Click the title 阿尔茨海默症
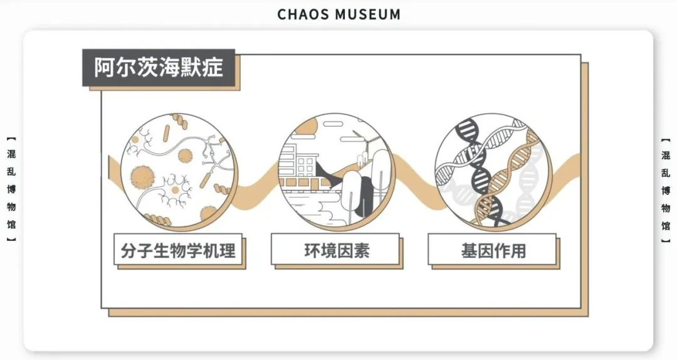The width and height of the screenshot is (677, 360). tap(159, 68)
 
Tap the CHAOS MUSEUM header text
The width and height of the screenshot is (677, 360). tap(338, 14)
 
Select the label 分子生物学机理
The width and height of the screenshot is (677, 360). tap(178, 251)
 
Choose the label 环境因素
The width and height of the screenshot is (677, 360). tap(335, 251)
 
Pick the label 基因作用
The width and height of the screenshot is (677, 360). tap(493, 251)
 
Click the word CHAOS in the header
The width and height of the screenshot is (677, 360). tap(303, 14)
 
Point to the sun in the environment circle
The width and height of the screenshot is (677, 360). tap(307, 126)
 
